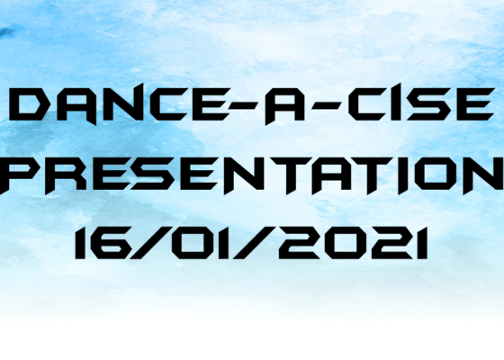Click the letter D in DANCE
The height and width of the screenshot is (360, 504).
point(26,104)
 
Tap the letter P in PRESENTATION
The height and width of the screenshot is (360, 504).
point(18,175)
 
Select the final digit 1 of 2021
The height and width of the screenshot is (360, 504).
point(423,243)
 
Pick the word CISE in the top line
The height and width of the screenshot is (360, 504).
point(421,104)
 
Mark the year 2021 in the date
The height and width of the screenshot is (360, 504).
point(353,243)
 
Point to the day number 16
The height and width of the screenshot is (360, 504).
point(99,243)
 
